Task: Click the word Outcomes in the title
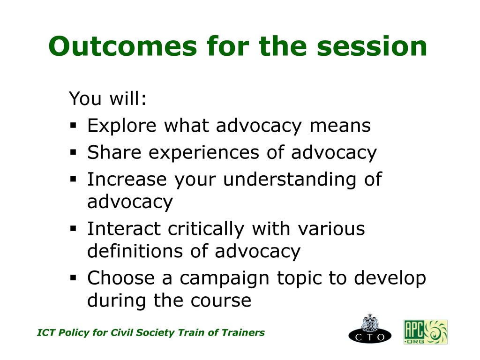pyautogui.click(x=122, y=46)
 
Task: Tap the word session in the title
pyautogui.click(x=372, y=46)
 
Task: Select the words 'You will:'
pyautogui.click(x=108, y=98)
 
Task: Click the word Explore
pyautogui.click(x=122, y=126)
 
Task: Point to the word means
pyautogui.click(x=340, y=126)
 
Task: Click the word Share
pyautogui.click(x=114, y=152)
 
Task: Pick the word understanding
pyautogui.click(x=290, y=180)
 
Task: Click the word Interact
pyautogui.click(x=124, y=228)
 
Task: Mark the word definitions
pyautogui.click(x=135, y=251)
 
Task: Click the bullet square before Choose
pyautogui.click(x=73, y=278)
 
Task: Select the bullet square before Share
pyautogui.click(x=73, y=152)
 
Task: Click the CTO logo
pyautogui.click(x=370, y=329)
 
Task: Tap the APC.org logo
pyautogui.click(x=426, y=332)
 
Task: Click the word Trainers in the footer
pyautogui.click(x=243, y=332)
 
